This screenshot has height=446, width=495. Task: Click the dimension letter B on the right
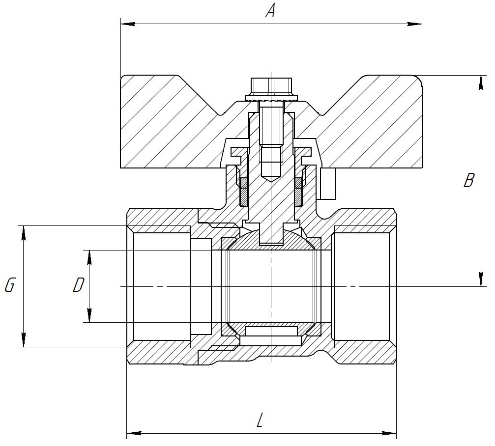point(468,180)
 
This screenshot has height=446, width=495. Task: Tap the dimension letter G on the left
point(9,285)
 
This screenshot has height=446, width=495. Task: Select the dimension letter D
point(78,285)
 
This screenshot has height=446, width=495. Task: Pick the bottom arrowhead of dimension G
point(23,341)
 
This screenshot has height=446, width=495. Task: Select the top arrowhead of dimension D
point(89,256)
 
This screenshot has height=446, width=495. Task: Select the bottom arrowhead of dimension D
point(89,316)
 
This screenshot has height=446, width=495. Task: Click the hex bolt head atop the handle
point(271,87)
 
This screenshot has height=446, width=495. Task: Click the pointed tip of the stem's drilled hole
point(271,181)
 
